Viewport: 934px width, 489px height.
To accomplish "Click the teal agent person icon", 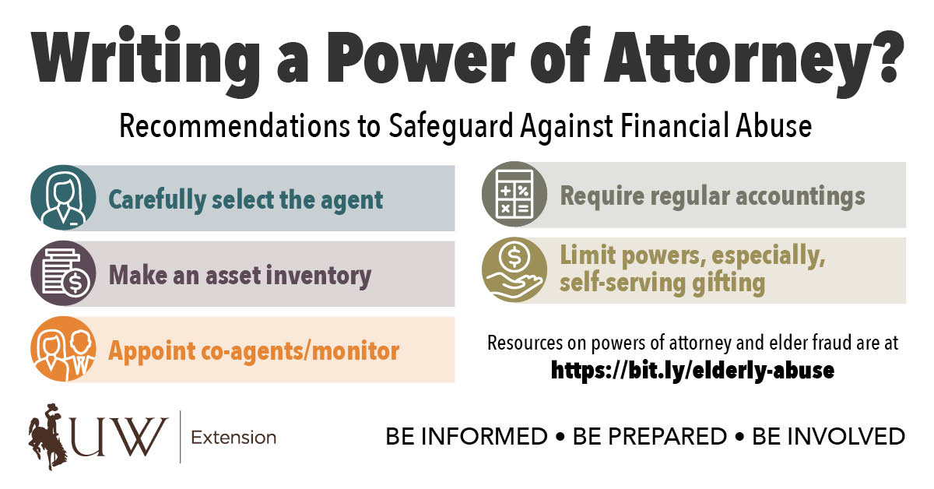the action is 63,197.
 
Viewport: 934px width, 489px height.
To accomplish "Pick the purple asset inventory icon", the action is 63,273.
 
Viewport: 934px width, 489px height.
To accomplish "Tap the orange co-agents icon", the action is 63,349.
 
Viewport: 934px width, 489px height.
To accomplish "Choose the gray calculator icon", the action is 514,194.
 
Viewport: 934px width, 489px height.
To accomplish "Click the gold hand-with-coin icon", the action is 514,269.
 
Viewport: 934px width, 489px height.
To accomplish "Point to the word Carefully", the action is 157,201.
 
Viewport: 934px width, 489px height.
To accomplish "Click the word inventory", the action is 318,276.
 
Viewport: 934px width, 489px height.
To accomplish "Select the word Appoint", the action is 152,352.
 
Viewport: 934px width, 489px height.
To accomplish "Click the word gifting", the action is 729,283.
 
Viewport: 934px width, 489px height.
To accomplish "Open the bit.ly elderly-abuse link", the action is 693,370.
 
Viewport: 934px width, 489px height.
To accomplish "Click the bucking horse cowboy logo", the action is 47,436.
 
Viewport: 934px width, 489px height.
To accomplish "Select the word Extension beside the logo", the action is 233,438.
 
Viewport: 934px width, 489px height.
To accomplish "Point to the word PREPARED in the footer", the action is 650,437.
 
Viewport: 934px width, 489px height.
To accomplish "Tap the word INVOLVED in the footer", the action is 828,437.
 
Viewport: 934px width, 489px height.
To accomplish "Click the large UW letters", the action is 119,436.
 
